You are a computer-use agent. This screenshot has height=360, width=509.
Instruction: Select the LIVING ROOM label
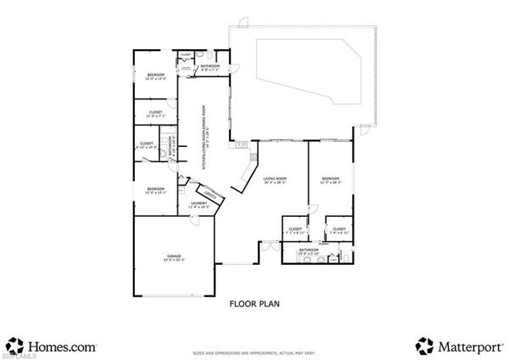(x=276, y=180)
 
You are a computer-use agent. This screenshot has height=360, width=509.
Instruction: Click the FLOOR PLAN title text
(x=255, y=302)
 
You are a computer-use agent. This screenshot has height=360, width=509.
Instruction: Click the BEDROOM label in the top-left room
(x=154, y=76)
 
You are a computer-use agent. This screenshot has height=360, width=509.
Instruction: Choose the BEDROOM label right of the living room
(x=330, y=180)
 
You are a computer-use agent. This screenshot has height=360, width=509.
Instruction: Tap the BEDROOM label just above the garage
(x=155, y=190)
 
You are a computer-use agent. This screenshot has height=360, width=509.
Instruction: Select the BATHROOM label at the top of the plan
(x=210, y=66)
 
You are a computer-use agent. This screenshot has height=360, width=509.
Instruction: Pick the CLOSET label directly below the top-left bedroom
(x=156, y=114)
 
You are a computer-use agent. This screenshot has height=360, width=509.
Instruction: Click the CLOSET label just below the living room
(x=295, y=230)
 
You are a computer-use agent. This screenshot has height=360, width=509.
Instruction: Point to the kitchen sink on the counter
(x=252, y=156)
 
